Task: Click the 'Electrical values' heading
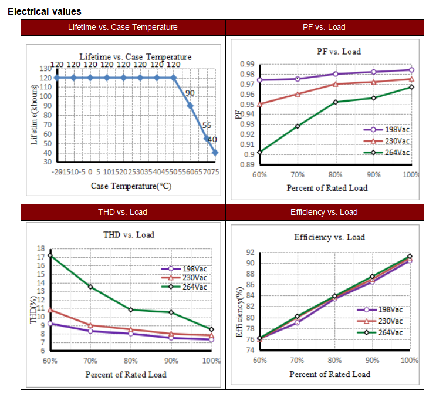pos(45,11)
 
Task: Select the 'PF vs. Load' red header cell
pos(324,27)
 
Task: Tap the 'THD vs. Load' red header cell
pos(123,212)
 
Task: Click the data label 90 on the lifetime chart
pos(190,93)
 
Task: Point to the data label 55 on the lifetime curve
pos(207,126)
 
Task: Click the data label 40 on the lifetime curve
pos(212,140)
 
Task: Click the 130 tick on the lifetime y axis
pos(46,69)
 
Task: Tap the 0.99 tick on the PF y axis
pos(246,64)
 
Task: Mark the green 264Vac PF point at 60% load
pos(259,152)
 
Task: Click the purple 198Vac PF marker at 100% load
pos(412,70)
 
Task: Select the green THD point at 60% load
pos(50,255)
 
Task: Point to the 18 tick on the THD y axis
pos(41,248)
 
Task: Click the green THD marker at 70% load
pos(90,287)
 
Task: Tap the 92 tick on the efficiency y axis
pos(249,253)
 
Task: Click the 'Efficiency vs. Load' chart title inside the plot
pos(329,237)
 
